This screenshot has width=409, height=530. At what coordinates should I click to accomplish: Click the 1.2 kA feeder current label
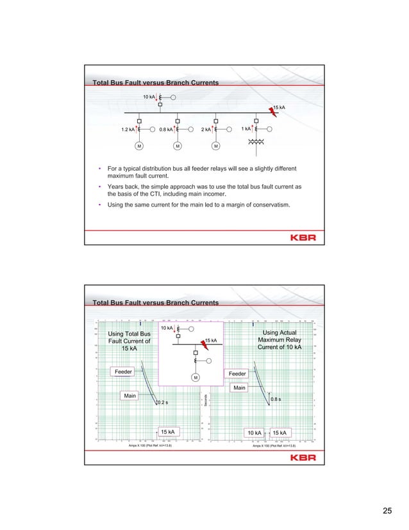point(128,129)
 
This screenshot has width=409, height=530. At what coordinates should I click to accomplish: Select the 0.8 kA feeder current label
point(166,129)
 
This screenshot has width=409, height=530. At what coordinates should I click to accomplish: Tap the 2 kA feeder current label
point(205,129)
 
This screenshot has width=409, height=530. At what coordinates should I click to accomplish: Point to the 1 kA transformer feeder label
point(246,129)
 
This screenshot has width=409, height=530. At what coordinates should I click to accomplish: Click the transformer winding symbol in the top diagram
point(260,143)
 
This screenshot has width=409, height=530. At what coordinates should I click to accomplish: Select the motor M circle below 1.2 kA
point(138,146)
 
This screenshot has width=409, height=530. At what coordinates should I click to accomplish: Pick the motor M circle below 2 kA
point(216,146)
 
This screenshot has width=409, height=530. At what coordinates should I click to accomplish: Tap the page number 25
point(387,511)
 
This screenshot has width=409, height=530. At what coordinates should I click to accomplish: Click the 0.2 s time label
point(163,402)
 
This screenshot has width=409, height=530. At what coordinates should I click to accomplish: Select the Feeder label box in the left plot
point(124,372)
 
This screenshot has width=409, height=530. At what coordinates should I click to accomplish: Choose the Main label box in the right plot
point(240,388)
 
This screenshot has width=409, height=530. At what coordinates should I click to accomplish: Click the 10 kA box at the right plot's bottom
point(254,432)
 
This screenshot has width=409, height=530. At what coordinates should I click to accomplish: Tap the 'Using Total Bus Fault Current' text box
point(129,341)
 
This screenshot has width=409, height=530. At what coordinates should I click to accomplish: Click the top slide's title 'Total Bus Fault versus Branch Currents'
point(156,83)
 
